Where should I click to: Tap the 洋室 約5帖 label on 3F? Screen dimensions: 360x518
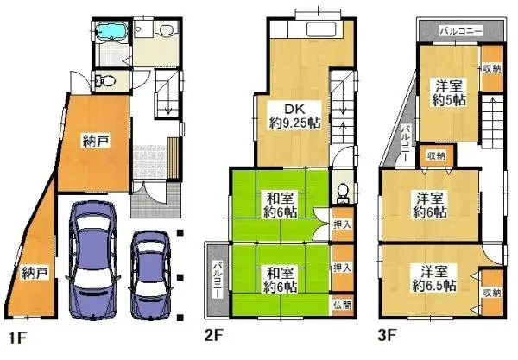(449, 92)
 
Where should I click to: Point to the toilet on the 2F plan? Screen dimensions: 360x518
(342, 191)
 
